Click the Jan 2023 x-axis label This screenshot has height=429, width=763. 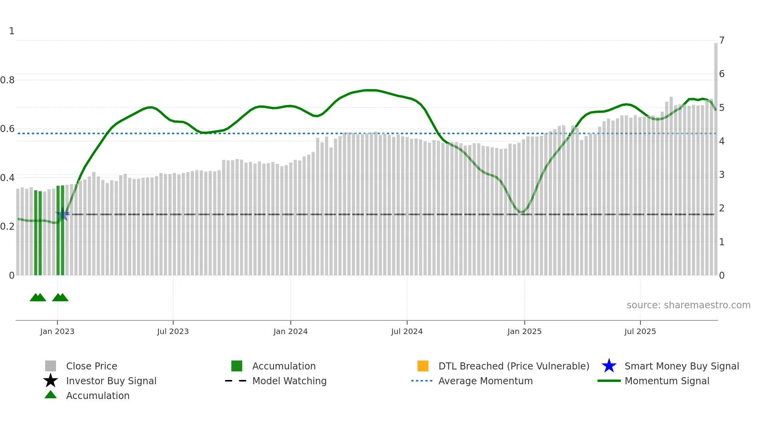(57, 331)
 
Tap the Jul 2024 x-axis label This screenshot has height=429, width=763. (406, 331)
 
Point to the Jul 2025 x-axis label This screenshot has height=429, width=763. (640, 331)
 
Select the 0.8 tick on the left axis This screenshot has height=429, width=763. (7, 80)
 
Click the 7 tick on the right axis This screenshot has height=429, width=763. (721, 40)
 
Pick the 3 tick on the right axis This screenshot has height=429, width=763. (721, 175)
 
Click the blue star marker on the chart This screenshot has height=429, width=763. (63, 214)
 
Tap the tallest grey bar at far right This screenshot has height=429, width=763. (716, 156)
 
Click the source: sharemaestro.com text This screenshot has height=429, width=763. (688, 305)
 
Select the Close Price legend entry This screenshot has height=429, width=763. (91, 366)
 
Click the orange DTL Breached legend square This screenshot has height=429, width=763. (423, 366)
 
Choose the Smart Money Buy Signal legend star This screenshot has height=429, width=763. (609, 366)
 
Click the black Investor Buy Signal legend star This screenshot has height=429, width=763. (51, 381)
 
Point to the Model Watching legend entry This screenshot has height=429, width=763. (289, 381)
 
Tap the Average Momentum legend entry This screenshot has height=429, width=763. (485, 381)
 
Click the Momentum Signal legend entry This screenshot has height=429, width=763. (666, 381)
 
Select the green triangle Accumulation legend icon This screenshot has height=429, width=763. (51, 395)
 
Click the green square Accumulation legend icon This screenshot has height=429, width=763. (237, 366)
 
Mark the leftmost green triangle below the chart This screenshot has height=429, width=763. (35, 298)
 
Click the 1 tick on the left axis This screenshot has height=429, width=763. (12, 31)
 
